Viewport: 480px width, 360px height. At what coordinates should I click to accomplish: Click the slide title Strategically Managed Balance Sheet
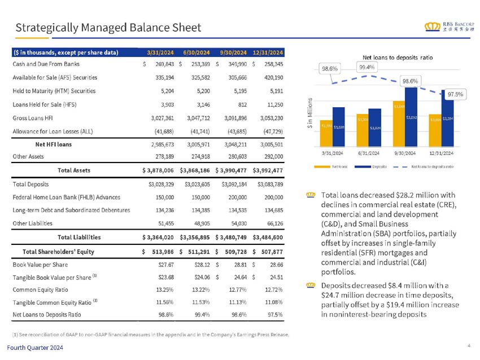(x=108, y=27)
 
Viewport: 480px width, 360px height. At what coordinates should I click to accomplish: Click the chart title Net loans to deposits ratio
(x=397, y=58)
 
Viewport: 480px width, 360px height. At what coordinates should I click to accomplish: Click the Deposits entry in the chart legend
(x=377, y=166)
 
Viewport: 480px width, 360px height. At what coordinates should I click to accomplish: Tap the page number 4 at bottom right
(x=469, y=345)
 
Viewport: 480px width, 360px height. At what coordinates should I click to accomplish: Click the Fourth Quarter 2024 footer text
(x=40, y=348)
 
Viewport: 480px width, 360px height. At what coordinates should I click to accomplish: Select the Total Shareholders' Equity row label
(x=58, y=252)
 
